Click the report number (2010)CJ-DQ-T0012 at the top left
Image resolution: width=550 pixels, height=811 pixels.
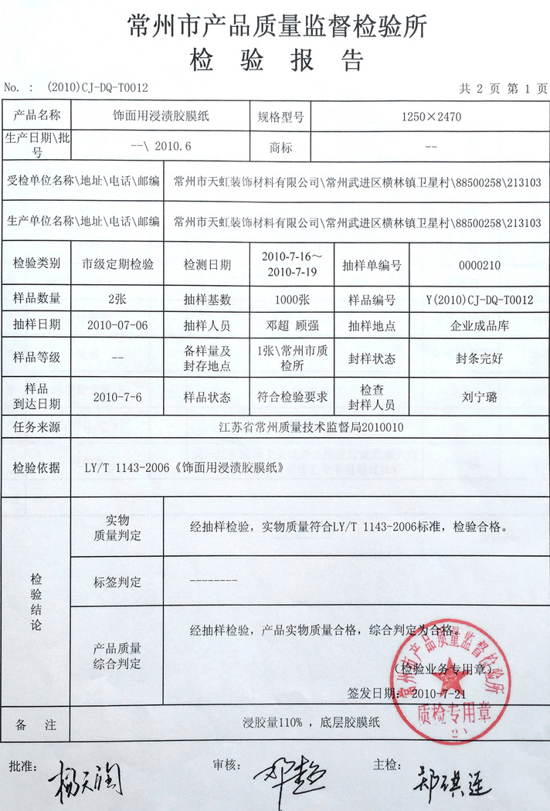click(x=97, y=88)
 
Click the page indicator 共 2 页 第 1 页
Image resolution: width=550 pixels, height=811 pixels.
click(x=503, y=88)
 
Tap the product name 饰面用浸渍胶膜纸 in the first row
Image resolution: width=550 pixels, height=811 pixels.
click(x=161, y=117)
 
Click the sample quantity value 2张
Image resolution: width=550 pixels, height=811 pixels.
click(x=117, y=299)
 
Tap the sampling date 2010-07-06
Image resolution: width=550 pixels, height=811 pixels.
click(x=117, y=325)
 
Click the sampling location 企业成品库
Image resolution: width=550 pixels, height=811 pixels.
click(x=479, y=326)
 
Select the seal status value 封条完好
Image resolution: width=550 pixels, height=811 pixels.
click(x=479, y=358)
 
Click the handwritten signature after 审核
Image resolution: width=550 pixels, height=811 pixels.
click(x=288, y=775)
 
